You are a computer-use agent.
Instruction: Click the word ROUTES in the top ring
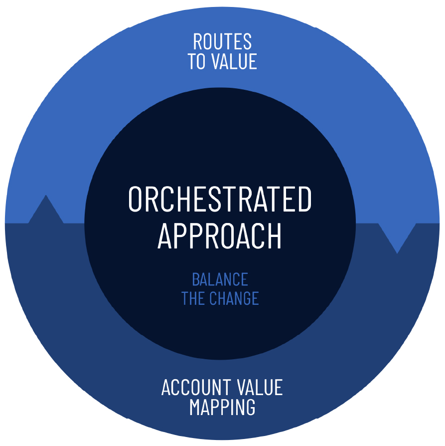(x=222, y=41)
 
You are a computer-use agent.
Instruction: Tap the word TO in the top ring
(x=196, y=61)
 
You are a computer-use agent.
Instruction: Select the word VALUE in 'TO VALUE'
(x=234, y=61)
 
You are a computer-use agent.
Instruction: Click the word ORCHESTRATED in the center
(x=220, y=199)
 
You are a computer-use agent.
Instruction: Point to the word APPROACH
(x=220, y=236)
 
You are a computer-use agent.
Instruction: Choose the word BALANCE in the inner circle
(x=220, y=279)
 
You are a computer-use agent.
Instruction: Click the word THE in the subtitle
(x=192, y=298)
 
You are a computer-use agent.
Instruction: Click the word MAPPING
(x=222, y=407)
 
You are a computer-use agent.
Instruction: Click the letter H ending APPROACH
(x=275, y=236)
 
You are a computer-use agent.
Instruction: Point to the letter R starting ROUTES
(x=198, y=41)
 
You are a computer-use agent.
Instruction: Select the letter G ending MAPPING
(x=250, y=407)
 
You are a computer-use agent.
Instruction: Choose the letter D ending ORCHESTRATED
(x=305, y=199)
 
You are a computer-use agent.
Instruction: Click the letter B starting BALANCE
(x=196, y=279)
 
